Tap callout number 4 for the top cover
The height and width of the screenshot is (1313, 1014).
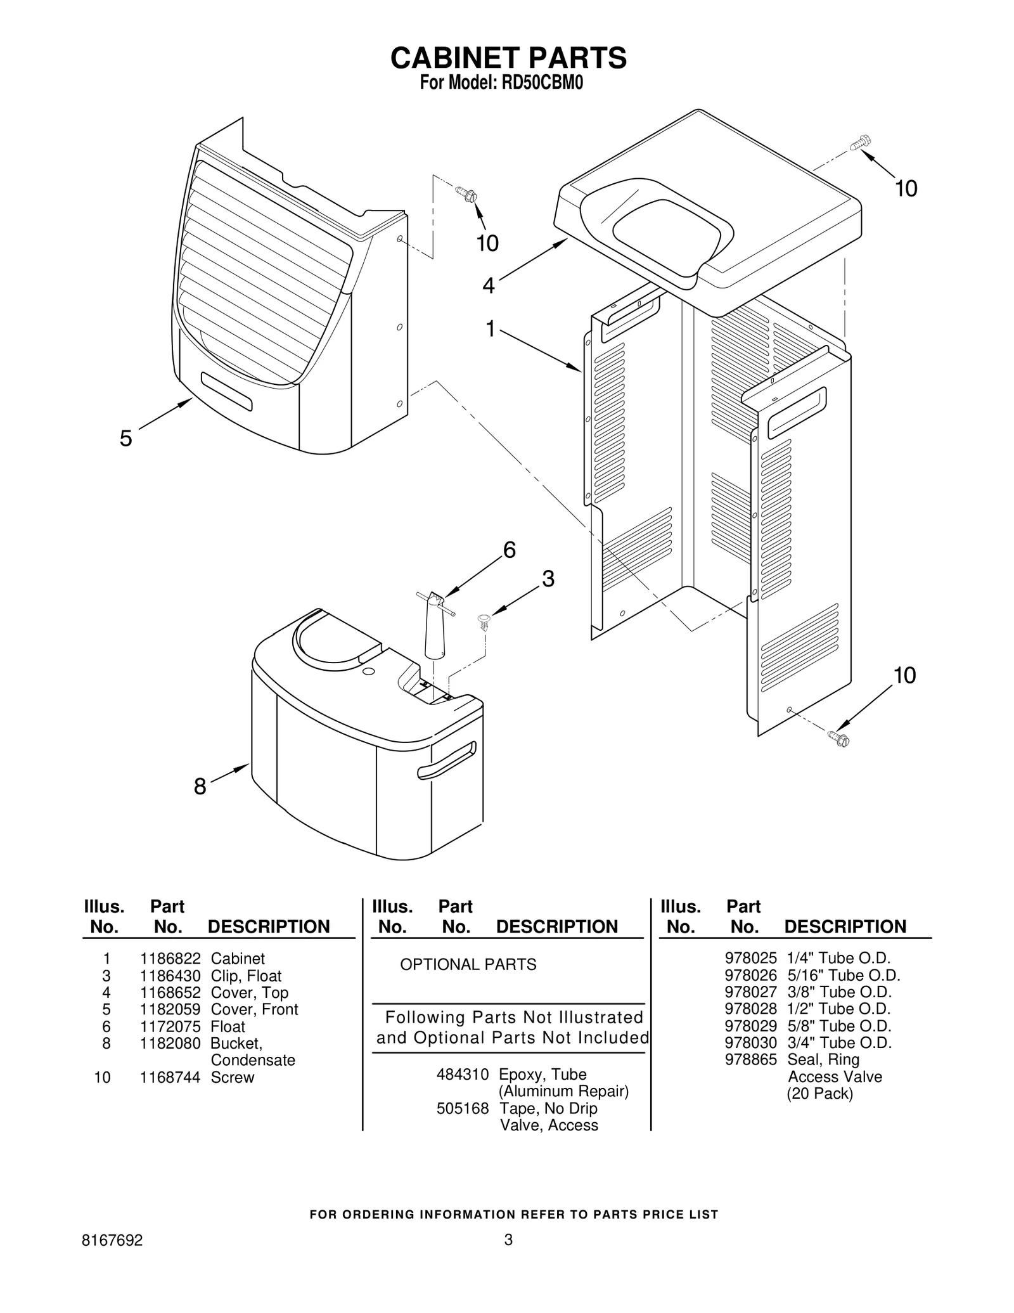click(x=488, y=286)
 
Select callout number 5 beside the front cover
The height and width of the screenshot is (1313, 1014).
click(x=126, y=438)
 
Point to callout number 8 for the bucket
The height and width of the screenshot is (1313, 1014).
click(x=200, y=787)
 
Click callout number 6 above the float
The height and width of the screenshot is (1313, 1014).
click(x=509, y=550)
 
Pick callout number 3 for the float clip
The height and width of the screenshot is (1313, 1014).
click(x=548, y=579)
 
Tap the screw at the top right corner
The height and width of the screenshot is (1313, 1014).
click(x=861, y=142)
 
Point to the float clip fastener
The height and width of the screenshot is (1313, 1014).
click(x=484, y=621)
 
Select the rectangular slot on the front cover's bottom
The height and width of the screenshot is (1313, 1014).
click(x=227, y=392)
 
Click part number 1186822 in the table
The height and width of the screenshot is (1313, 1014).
click(x=170, y=959)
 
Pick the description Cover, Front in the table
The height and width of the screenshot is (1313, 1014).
click(x=254, y=1009)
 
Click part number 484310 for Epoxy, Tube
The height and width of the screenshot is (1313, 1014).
click(x=463, y=1075)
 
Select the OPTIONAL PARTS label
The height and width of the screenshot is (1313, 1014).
click(x=468, y=964)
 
